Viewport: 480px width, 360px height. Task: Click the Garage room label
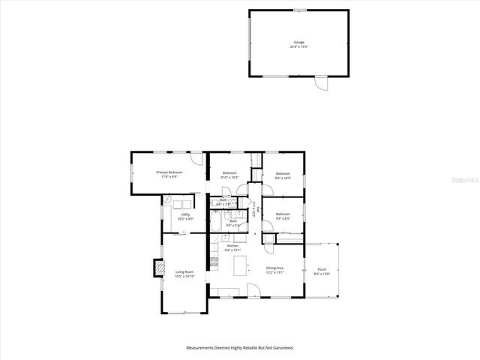pyautogui.click(x=298, y=44)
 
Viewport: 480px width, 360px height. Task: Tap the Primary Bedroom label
pyautogui.click(x=169, y=175)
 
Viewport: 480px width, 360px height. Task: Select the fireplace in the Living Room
pyautogui.click(x=157, y=267)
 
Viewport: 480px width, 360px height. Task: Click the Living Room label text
pyautogui.click(x=184, y=274)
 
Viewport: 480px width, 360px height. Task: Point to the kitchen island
pyautogui.click(x=241, y=265)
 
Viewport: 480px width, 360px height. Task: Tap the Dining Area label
pyautogui.click(x=275, y=270)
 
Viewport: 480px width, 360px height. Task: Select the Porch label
pyautogui.click(x=322, y=271)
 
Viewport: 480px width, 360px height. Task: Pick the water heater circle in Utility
pyautogui.click(x=167, y=200)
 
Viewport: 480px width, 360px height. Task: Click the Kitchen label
pyautogui.click(x=232, y=248)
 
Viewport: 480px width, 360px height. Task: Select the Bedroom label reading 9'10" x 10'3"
pyautogui.click(x=229, y=175)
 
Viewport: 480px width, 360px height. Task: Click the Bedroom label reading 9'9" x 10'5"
pyautogui.click(x=282, y=176)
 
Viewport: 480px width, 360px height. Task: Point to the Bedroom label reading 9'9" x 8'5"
pyautogui.click(x=283, y=216)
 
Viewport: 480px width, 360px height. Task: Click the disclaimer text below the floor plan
pyautogui.click(x=240, y=348)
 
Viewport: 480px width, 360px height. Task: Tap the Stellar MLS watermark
pyautogui.click(x=466, y=181)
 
